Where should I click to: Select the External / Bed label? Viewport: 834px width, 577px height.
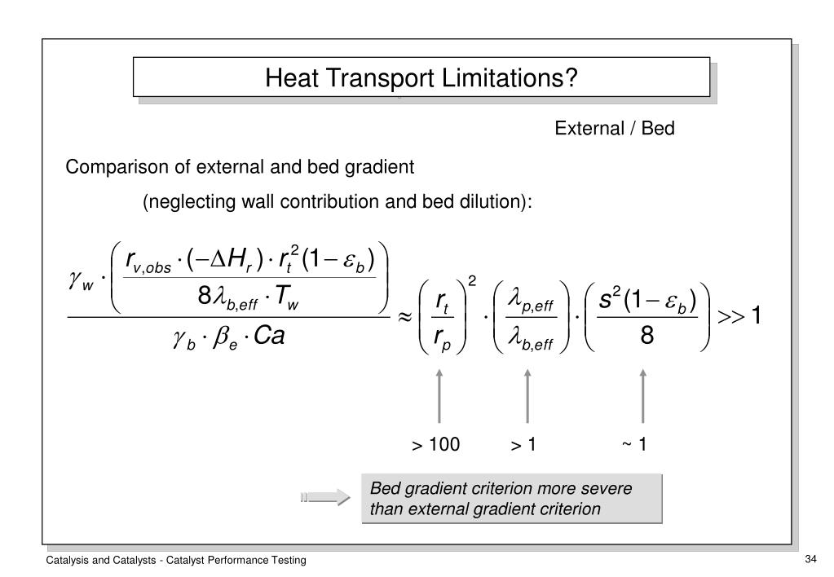(615, 129)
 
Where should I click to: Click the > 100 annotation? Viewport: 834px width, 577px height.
(435, 444)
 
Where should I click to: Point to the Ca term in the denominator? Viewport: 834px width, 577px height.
(269, 336)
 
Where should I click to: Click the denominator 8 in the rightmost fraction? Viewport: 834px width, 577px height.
(646, 335)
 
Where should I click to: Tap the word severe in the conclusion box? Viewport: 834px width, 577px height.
(629, 489)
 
